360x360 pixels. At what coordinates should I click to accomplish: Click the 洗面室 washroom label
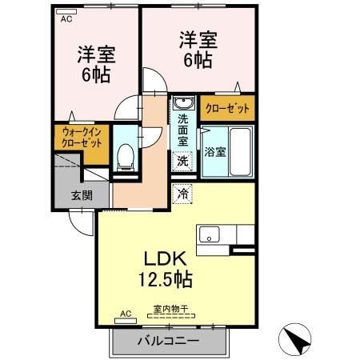tap(183, 129)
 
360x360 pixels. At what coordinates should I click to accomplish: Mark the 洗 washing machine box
tap(183, 160)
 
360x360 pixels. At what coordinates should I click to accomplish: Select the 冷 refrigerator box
tap(183, 193)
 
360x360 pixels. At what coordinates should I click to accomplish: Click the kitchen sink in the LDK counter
tap(210, 234)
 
